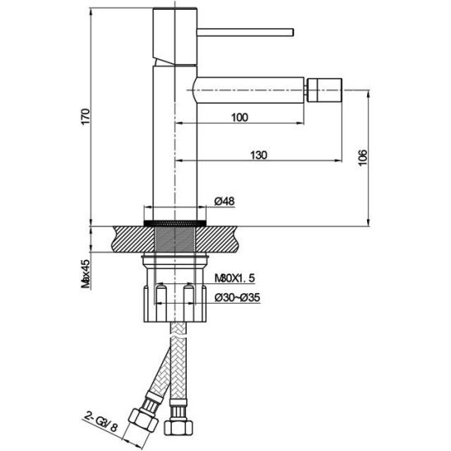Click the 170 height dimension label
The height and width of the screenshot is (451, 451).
[x=86, y=117]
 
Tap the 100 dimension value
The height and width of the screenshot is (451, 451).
[x=239, y=118]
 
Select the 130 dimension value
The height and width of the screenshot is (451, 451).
[x=259, y=155]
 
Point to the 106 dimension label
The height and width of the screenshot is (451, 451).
[x=363, y=157]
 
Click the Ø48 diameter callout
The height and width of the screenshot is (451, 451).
[x=225, y=201]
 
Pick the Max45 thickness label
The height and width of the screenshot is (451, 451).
[x=86, y=273]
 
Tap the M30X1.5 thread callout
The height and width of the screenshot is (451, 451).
[x=235, y=278]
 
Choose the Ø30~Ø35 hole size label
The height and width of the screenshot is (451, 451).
[x=237, y=297]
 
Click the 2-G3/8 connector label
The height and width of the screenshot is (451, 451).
[x=101, y=423]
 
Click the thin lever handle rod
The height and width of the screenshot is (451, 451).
[x=245, y=32]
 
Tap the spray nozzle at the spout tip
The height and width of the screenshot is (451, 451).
[x=325, y=90]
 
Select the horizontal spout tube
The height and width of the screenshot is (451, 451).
[x=249, y=90]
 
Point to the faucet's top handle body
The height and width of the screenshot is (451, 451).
[x=175, y=35]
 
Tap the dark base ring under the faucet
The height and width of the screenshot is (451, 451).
[x=174, y=223]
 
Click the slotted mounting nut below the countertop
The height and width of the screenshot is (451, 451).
[x=175, y=304]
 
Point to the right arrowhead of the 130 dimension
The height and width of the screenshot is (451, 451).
[x=338, y=160]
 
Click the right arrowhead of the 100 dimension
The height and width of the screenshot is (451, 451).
[x=301, y=123]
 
